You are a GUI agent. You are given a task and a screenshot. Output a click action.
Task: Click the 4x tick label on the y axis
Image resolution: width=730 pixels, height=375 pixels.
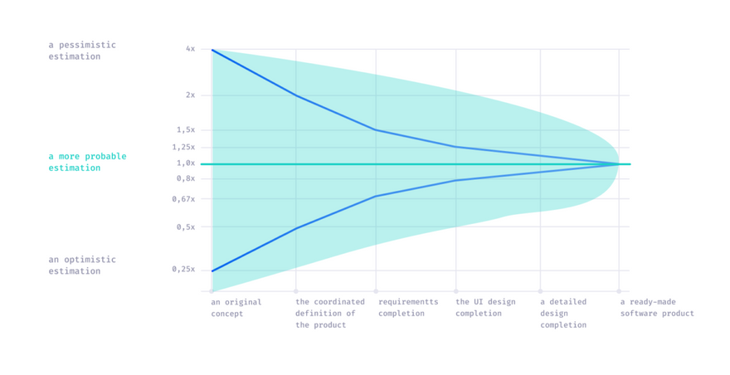(190, 49)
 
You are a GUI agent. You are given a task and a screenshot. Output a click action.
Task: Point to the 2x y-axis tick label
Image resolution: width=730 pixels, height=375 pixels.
(190, 95)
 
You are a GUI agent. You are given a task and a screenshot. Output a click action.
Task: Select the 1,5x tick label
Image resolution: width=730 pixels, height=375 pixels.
(186, 129)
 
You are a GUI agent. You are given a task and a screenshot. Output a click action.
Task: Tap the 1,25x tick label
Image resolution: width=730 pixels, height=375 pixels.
(183, 147)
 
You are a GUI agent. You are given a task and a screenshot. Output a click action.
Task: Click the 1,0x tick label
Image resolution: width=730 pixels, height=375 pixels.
(186, 163)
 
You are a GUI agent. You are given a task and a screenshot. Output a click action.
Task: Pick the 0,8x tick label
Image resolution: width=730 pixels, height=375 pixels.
(186, 178)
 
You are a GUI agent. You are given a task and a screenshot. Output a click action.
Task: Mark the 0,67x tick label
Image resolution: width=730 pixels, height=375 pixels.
(183, 199)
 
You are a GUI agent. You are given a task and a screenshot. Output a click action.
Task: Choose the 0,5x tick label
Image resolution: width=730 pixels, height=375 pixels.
(186, 226)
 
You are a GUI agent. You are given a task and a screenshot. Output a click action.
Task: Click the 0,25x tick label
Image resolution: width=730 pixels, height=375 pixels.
(183, 269)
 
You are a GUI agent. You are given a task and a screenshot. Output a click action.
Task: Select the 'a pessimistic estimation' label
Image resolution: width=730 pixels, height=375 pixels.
(82, 51)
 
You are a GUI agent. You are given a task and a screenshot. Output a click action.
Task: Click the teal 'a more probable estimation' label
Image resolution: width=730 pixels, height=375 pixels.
(87, 162)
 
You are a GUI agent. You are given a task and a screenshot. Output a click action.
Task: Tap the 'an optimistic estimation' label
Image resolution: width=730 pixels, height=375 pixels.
(82, 265)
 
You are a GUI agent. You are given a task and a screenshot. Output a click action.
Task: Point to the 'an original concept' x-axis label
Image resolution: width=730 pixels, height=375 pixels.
(236, 308)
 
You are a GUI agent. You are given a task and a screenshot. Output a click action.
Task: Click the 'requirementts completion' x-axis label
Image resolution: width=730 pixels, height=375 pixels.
(408, 308)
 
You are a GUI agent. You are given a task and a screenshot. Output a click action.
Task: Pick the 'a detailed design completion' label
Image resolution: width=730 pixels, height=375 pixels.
(563, 314)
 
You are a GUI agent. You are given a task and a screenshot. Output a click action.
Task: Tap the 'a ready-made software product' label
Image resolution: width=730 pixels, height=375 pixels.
(657, 308)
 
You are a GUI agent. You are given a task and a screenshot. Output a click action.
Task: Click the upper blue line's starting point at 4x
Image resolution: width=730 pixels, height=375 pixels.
(212, 50)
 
